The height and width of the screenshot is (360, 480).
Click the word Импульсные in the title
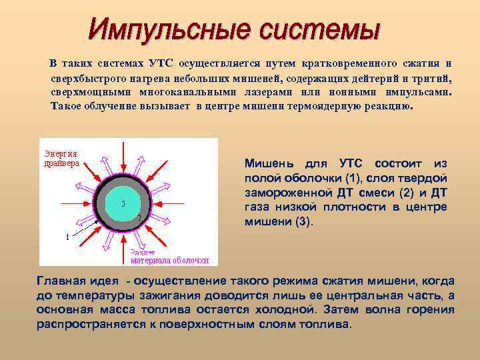(163, 29)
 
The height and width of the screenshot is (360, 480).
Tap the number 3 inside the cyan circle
(123, 203)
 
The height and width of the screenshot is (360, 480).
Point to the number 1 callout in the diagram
(67, 237)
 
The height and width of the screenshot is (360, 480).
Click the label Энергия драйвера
(61, 158)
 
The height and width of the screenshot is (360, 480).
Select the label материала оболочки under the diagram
(169, 261)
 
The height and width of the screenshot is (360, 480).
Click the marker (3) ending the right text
(303, 222)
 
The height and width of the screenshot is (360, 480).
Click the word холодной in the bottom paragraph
(289, 310)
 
